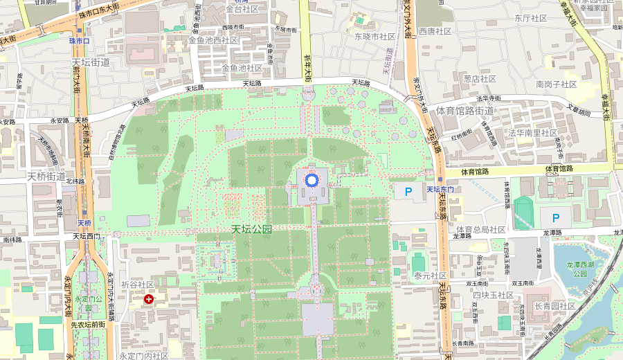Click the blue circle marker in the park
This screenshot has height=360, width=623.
click(311, 180)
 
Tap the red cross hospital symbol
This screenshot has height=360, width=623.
click(149, 299)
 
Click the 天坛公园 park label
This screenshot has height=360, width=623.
click(252, 229)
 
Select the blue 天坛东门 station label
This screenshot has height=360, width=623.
click(440, 190)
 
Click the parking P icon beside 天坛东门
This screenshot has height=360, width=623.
click(408, 190)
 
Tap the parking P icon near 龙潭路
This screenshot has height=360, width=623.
click(555, 218)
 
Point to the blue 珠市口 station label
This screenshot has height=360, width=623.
click(80, 42)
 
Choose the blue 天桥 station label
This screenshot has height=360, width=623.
click(84, 223)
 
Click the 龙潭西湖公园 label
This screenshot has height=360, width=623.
click(580, 269)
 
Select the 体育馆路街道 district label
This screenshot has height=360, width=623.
click(464, 111)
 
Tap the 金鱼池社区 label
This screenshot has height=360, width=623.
click(242, 68)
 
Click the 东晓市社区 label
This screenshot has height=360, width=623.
click(374, 36)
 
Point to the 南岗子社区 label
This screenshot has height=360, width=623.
click(556, 84)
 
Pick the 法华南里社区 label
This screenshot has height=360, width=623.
click(532, 132)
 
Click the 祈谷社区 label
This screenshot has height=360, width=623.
click(137, 285)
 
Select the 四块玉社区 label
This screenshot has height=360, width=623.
click(494, 295)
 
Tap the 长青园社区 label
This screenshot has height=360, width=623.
click(554, 306)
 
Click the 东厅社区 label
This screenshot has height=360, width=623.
click(531, 18)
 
